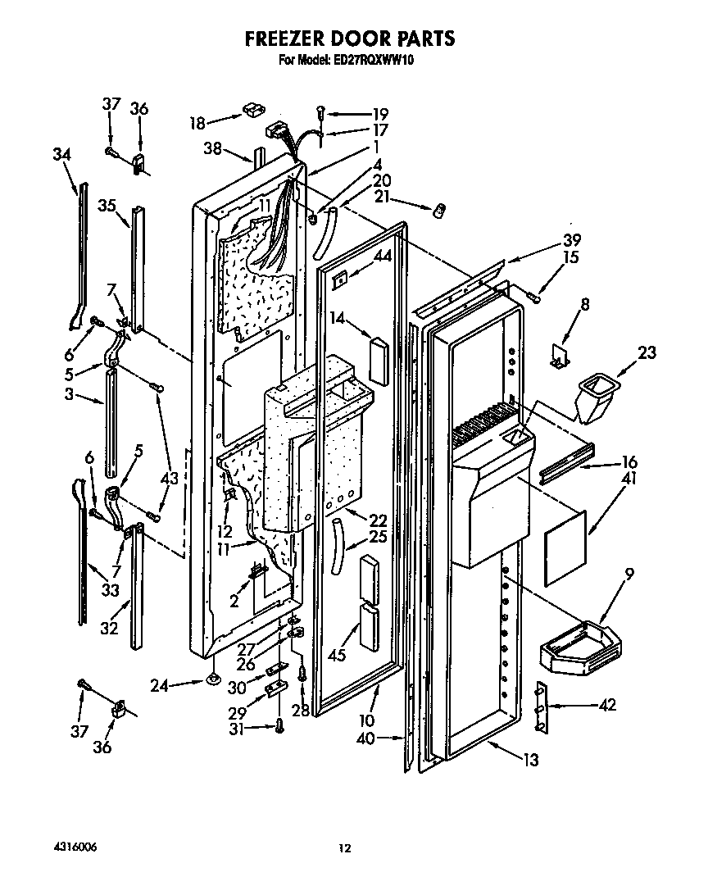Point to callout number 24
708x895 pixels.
pos(161,686)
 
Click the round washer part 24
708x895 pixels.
pos(214,679)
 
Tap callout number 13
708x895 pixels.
pos(531,760)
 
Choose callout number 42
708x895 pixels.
pos(607,705)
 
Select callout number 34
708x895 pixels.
pos(61,153)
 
